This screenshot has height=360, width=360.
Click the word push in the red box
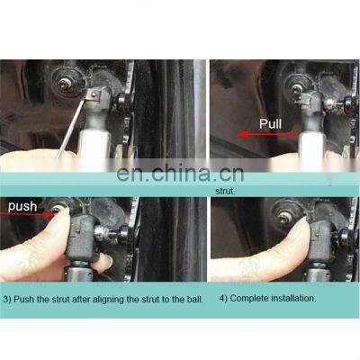pos(22,207)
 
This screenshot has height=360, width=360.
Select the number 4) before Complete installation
pos(224,298)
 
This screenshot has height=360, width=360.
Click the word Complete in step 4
pos(251,298)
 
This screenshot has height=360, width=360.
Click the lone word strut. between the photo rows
pos(225,191)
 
